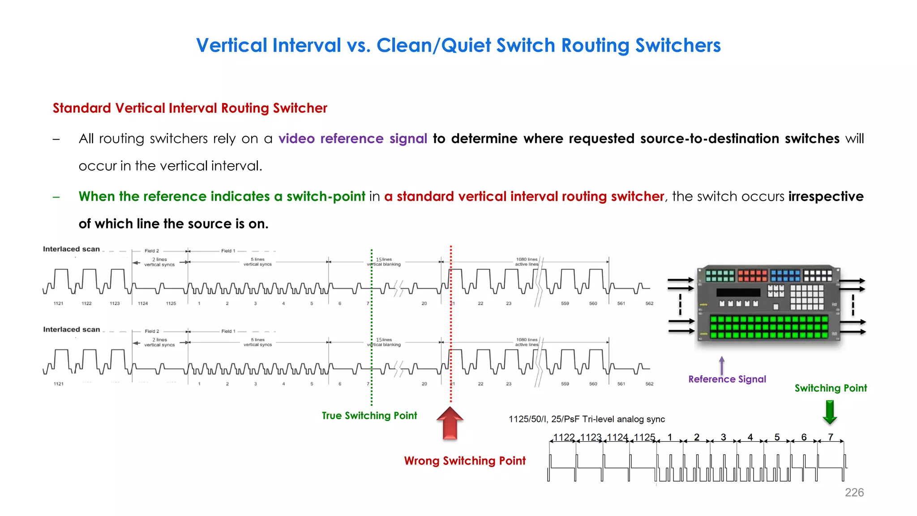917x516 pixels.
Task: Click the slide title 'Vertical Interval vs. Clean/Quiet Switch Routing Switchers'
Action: click(458, 45)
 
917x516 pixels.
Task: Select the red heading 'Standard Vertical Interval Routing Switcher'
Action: click(190, 108)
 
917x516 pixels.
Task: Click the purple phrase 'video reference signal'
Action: click(352, 138)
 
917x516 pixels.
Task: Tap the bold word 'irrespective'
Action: click(826, 196)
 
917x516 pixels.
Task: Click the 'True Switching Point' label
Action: click(369, 416)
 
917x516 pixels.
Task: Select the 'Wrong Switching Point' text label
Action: click(464, 461)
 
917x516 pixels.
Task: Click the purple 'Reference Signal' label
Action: click(727, 379)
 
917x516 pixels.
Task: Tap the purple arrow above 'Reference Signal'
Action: click(722, 365)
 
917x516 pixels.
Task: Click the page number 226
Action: click(854, 492)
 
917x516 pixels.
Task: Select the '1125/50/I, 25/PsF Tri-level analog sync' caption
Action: click(587, 419)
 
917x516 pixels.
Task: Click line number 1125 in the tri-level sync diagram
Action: click(644, 437)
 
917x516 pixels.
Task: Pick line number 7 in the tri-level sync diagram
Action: click(831, 437)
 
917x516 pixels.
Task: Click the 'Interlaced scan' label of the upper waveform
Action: click(71, 249)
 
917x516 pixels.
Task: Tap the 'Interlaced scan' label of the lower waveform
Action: click(71, 330)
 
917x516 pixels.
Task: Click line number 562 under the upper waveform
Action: click(649, 304)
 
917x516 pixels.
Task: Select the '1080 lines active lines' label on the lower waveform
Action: click(527, 342)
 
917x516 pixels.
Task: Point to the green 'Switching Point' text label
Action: click(831, 388)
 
